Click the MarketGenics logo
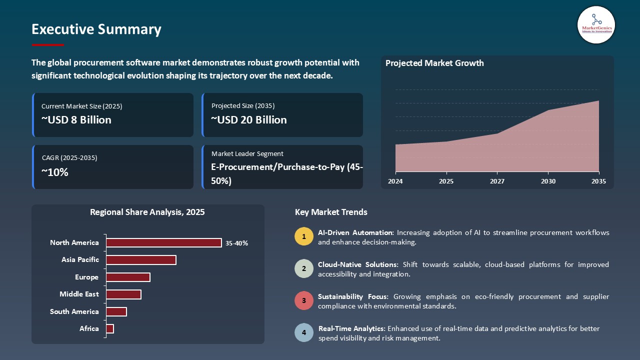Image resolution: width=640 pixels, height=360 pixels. [596, 24]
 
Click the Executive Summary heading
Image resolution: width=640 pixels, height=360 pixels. [96, 29]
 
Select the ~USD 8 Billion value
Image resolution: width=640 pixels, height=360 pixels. [76, 120]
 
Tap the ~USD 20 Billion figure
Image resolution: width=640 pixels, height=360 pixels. [248, 120]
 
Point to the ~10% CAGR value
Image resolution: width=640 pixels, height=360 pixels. [55, 172]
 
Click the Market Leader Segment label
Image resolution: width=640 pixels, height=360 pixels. [247, 154]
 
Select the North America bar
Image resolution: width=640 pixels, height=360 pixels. [164, 242]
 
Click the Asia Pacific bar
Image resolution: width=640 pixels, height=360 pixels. [141, 260]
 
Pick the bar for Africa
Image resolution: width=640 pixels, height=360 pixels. [110, 328]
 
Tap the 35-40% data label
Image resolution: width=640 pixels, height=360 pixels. [236, 243]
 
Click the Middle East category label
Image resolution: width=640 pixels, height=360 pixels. [79, 294]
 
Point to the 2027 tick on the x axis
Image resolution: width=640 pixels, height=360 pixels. [497, 181]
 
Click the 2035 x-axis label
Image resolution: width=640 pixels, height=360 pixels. [598, 181]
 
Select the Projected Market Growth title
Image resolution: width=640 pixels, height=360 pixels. [434, 63]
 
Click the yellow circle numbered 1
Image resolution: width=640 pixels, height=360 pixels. [303, 236]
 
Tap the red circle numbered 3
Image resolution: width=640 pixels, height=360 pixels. [303, 300]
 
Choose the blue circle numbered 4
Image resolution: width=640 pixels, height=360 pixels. [303, 332]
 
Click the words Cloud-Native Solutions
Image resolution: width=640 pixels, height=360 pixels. [358, 264]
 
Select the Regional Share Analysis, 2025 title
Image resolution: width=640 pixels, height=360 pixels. [147, 212]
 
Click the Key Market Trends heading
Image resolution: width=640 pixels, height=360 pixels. [331, 212]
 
